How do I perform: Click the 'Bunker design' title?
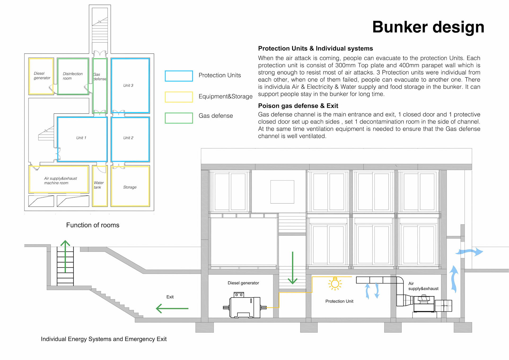coord(428,27)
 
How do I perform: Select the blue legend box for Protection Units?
coord(179,76)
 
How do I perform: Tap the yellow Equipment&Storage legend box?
coord(179,97)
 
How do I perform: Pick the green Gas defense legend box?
coord(179,118)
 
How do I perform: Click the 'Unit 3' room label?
coord(128,85)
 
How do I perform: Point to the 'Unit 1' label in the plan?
coord(81,138)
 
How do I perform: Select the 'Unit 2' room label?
coord(128,138)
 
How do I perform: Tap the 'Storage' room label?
coord(130,187)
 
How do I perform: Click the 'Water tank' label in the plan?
coord(98,185)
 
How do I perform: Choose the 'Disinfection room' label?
coord(72,76)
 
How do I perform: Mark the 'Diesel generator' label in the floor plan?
coord(42,76)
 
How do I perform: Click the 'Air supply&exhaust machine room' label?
coord(60,181)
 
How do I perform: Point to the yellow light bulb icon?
coord(335,283)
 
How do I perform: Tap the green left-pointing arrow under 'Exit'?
coord(172,309)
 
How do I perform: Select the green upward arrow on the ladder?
coord(65,256)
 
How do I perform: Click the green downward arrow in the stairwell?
coord(292,268)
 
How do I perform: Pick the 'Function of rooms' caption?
coord(93,225)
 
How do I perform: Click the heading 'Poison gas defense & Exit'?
coord(298,106)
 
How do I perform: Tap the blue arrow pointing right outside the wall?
coord(470,252)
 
